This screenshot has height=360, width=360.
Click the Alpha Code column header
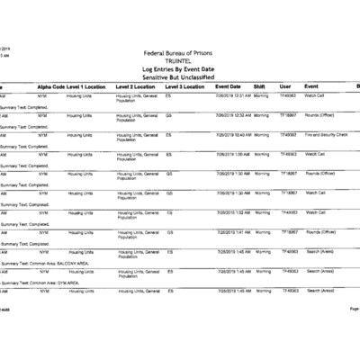pyautogui.click(x=50, y=85)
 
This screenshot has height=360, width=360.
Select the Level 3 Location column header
pyautogui.click(x=185, y=85)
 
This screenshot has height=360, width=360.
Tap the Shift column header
pyautogui.click(x=259, y=85)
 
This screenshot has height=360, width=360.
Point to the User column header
pyautogui.click(x=285, y=85)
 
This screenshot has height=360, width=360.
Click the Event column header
pyautogui.click(x=311, y=85)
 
